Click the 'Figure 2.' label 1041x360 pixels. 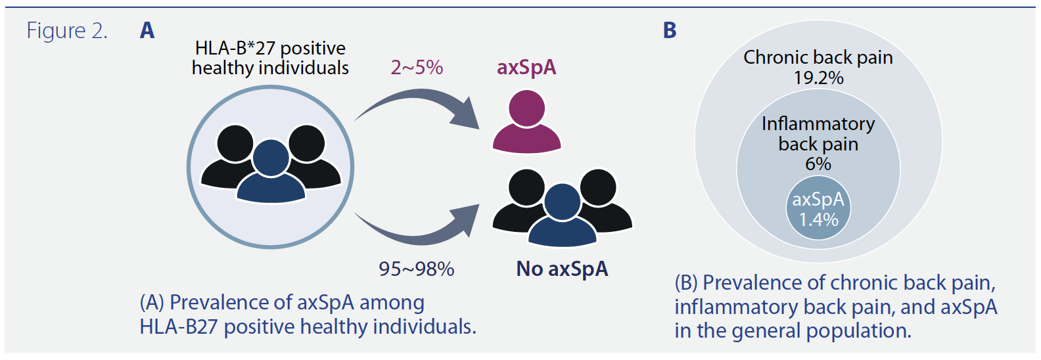[67, 31]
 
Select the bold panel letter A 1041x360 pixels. [147, 31]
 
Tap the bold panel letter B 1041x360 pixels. [670, 31]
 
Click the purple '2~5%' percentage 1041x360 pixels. [417, 68]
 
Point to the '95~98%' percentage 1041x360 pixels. [417, 269]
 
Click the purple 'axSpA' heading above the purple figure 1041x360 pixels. [526, 68]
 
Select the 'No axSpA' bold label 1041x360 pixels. [562, 269]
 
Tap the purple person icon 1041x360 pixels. [526, 121]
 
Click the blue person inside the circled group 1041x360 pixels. [271, 172]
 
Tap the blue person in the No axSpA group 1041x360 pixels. [563, 215]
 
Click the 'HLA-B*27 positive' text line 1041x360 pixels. [270, 49]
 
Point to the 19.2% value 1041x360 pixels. [818, 78]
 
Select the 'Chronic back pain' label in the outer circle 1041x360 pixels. [818, 58]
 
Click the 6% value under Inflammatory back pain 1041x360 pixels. [818, 164]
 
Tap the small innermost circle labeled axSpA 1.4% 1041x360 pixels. [818, 208]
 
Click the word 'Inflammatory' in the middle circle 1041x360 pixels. [818, 124]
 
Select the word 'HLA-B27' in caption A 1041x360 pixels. [179, 327]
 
